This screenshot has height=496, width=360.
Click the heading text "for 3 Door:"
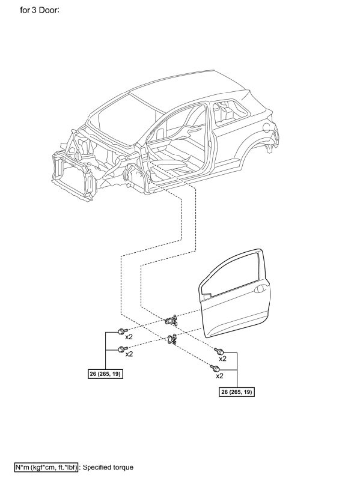click(x=40, y=10)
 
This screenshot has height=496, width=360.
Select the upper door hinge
click(x=171, y=321)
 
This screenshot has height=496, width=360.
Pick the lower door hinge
click(x=171, y=339)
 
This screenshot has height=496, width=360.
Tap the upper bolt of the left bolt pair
click(x=122, y=331)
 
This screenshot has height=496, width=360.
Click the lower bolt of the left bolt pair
click(x=122, y=349)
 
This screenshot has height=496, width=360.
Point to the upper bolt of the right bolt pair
click(x=219, y=351)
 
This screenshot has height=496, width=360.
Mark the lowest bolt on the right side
click(x=215, y=368)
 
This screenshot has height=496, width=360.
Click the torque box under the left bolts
click(x=105, y=374)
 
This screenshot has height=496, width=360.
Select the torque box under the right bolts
click(x=237, y=392)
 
